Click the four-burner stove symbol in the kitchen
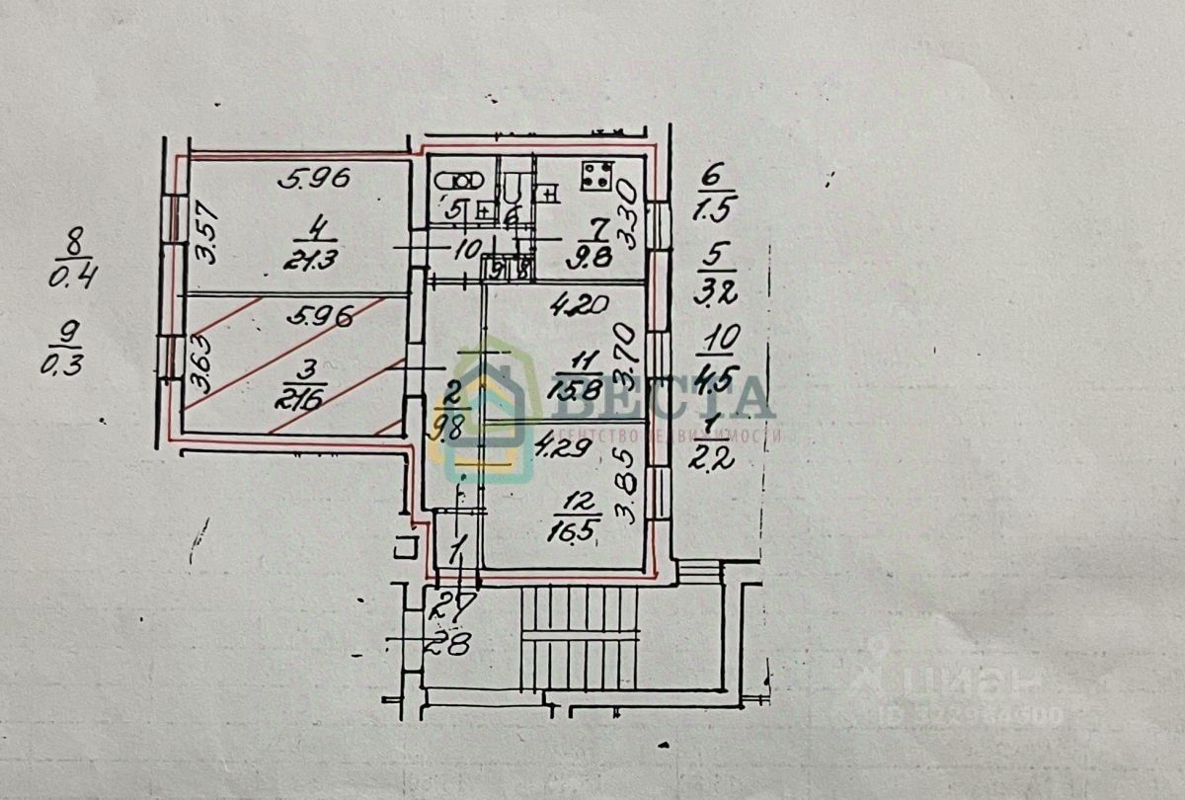point(595,177)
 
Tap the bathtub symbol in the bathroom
point(458,182)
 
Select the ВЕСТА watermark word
point(671,397)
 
